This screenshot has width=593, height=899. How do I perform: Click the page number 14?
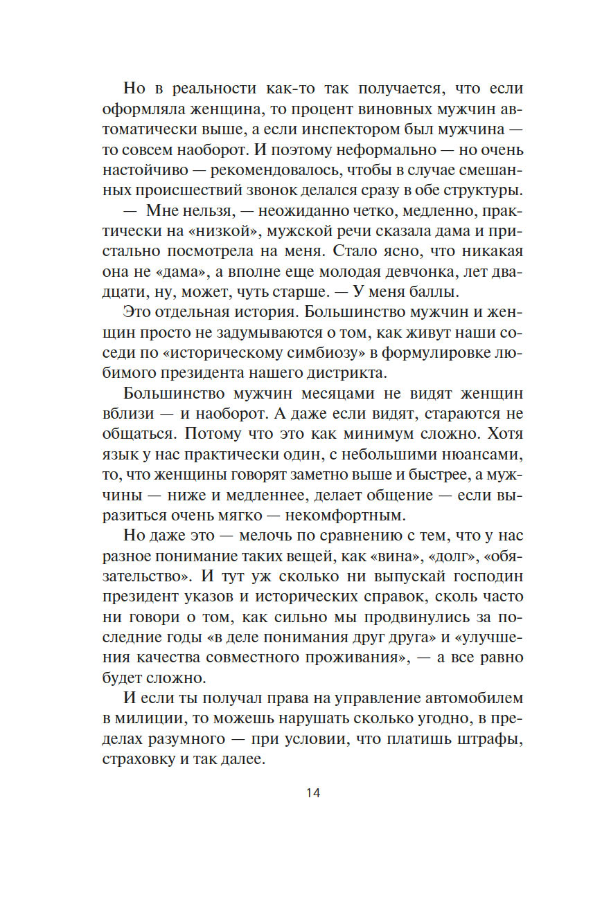(312, 793)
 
